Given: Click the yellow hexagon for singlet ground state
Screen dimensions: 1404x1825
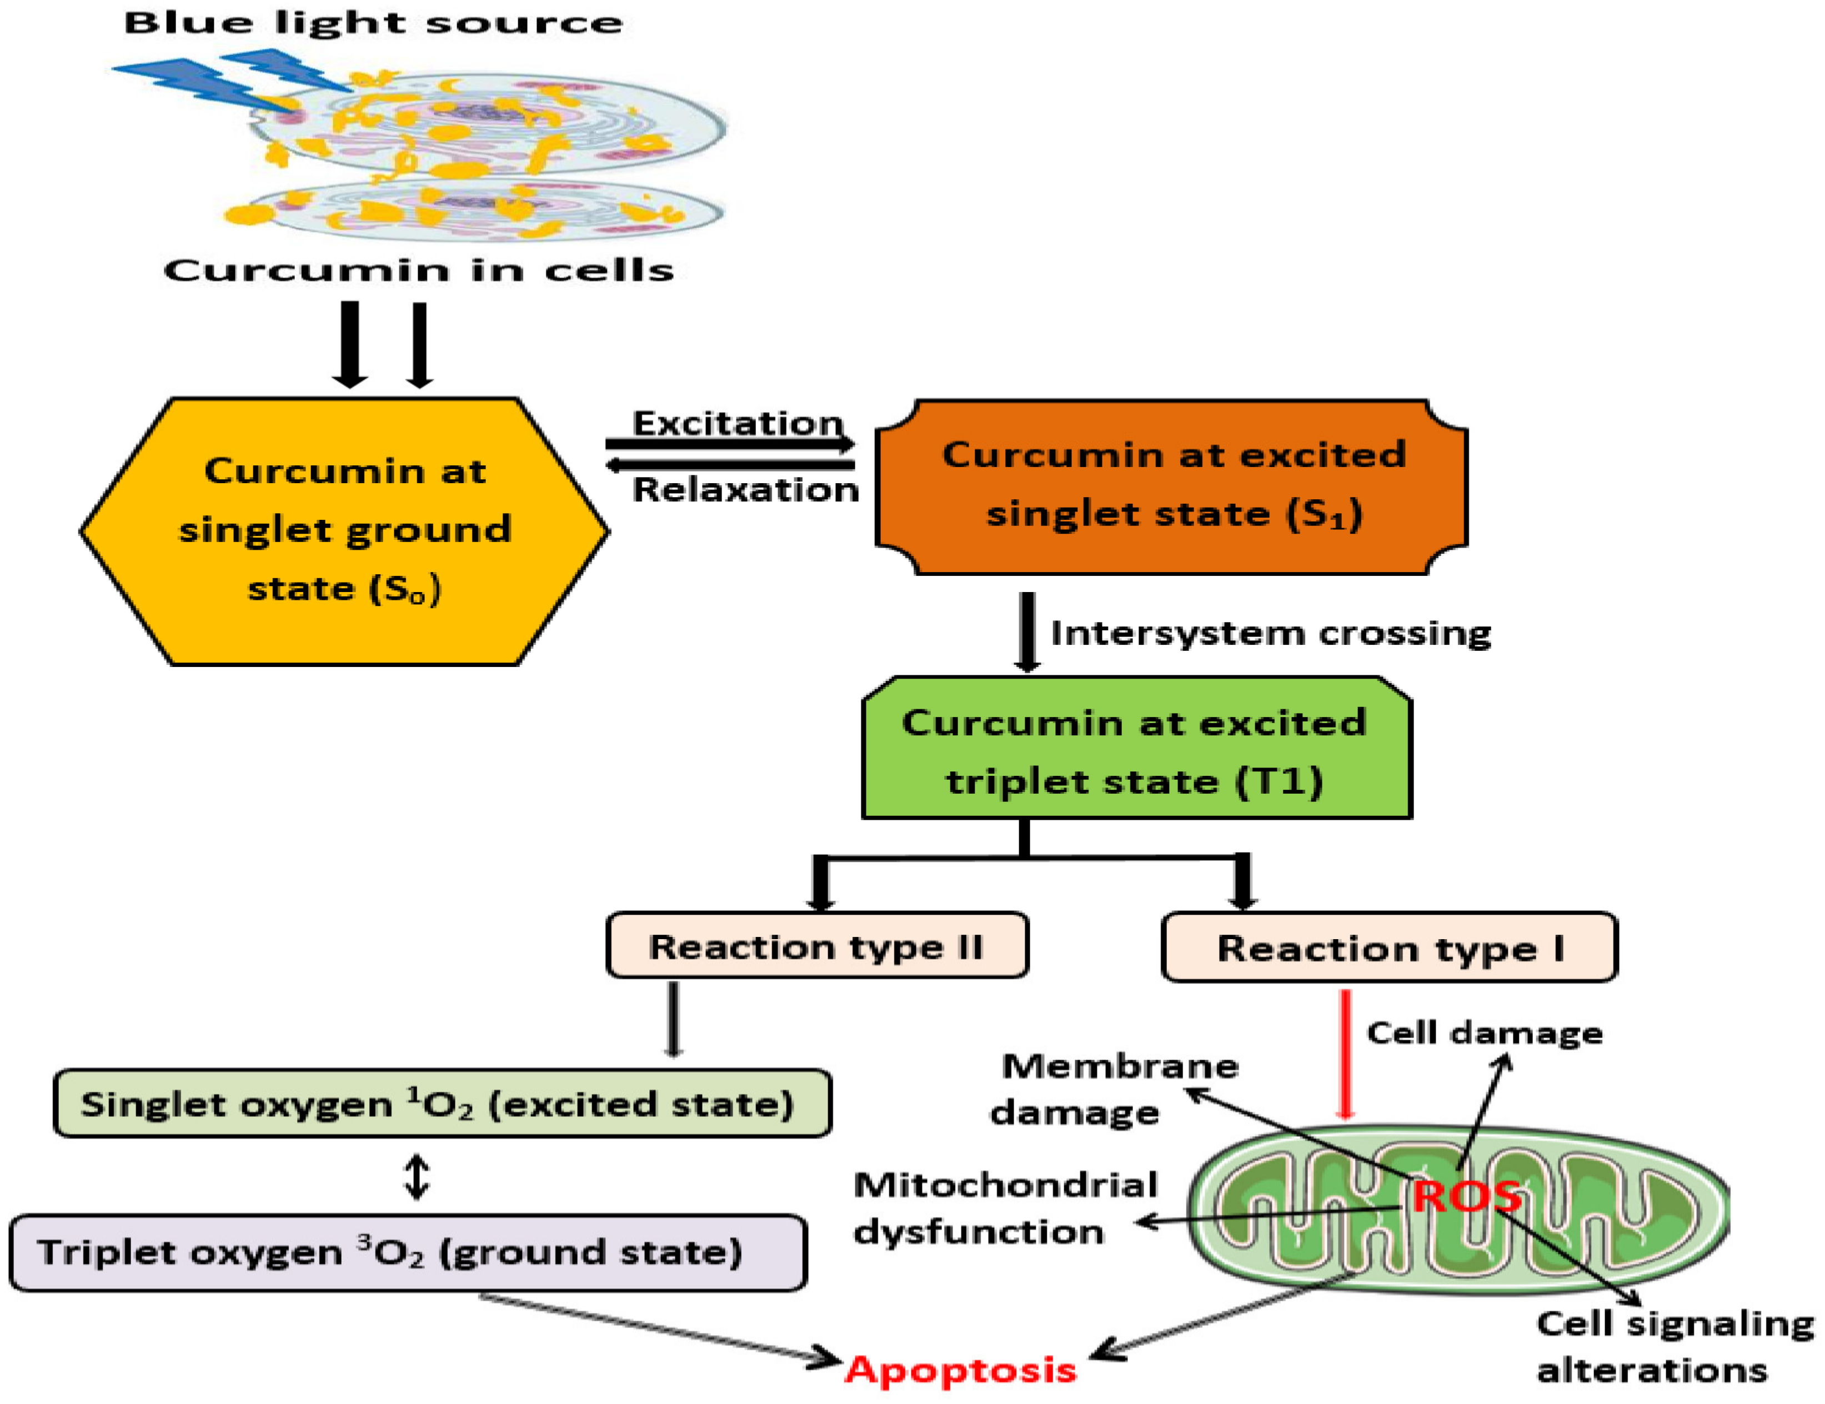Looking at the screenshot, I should point(344,531).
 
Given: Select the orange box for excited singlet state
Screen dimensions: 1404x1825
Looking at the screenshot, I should point(1171,487).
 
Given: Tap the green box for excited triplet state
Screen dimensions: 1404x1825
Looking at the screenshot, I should point(1136,749).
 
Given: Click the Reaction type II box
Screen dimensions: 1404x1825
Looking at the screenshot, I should point(817,946).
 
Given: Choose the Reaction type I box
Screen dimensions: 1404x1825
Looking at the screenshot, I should point(1390,947).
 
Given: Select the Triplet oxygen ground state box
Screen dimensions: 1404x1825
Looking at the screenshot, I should point(408,1252).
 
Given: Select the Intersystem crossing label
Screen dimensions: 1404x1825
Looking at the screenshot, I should point(1270,633).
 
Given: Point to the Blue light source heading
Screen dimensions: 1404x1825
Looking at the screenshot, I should point(373,23).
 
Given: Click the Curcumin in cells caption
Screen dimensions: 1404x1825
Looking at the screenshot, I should point(418,270).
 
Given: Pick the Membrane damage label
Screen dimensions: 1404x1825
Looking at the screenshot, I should point(1103,1089).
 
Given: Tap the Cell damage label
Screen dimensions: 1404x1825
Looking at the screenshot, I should point(1484,1033).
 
